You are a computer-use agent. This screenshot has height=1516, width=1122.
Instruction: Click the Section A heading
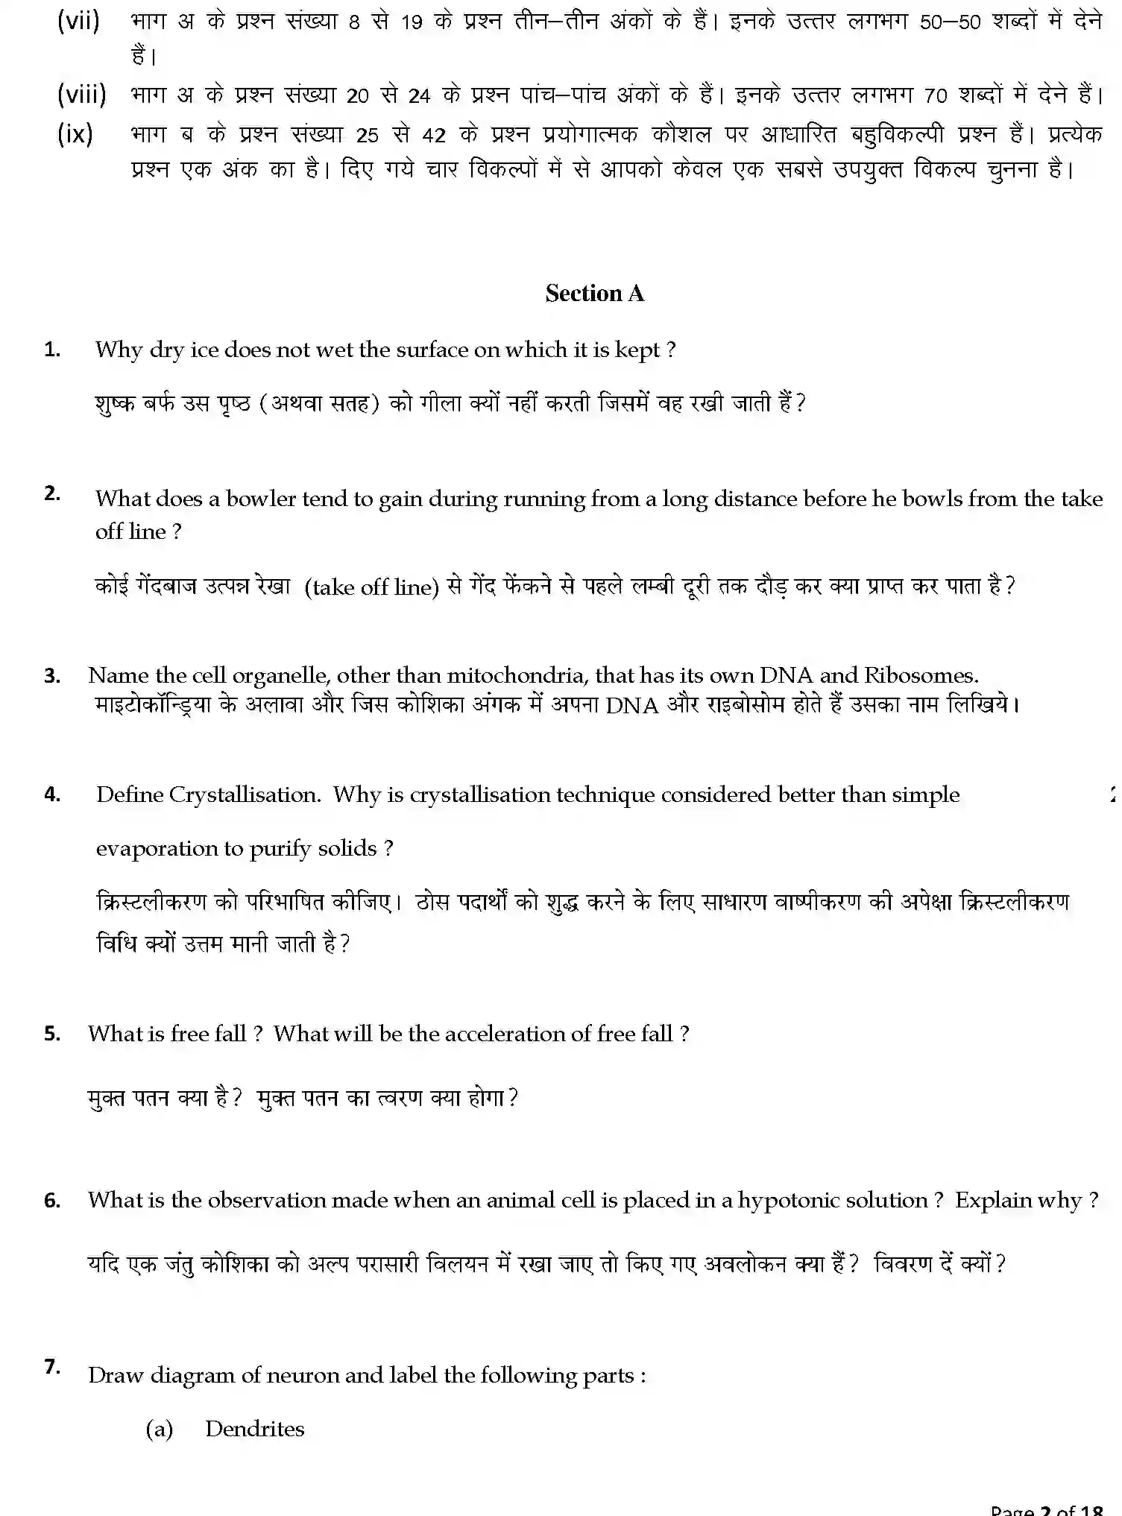[x=594, y=294]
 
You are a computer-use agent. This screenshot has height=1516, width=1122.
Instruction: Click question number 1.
[x=52, y=350]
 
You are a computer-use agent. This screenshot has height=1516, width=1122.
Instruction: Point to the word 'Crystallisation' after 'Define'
[x=245, y=795]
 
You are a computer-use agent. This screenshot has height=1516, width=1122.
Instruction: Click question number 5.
[x=52, y=1034]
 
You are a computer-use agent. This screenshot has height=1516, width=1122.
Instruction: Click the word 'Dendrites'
[x=255, y=1429]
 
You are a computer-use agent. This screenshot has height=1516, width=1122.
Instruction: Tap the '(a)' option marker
[x=160, y=1429]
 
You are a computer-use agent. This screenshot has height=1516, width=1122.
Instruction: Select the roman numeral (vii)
[x=78, y=21]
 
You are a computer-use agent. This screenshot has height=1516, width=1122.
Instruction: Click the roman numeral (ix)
[x=75, y=134]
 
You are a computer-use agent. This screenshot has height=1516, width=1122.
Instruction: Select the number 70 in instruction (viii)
[x=936, y=96]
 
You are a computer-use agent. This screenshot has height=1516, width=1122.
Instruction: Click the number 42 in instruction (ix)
[x=434, y=136]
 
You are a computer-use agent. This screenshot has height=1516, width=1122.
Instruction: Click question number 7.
[x=52, y=1367]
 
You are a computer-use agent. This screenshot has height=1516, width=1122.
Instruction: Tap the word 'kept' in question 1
[x=637, y=350]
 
